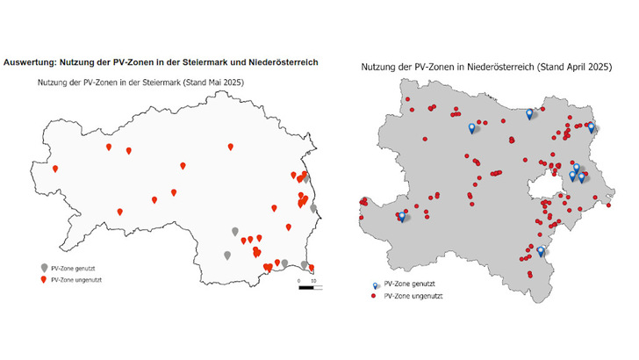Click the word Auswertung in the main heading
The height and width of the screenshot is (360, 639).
click(31, 62)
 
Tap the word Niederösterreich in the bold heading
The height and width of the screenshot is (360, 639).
click(279, 62)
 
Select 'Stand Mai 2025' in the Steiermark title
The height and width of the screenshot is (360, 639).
click(213, 83)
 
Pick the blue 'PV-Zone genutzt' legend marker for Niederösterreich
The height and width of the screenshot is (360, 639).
click(375, 285)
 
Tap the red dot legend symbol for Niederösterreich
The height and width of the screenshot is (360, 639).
click(375, 296)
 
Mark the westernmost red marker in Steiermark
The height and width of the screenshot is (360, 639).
click(54, 168)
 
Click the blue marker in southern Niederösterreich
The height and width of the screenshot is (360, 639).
click(541, 251)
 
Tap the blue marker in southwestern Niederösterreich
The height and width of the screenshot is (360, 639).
click(402, 215)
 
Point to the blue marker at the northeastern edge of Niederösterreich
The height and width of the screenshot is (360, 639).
click(591, 127)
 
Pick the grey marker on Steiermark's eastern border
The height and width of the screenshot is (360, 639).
click(313, 209)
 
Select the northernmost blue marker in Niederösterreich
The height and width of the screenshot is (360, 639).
click(529, 113)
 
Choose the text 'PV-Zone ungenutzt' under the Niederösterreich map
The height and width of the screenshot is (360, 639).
click(413, 296)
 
